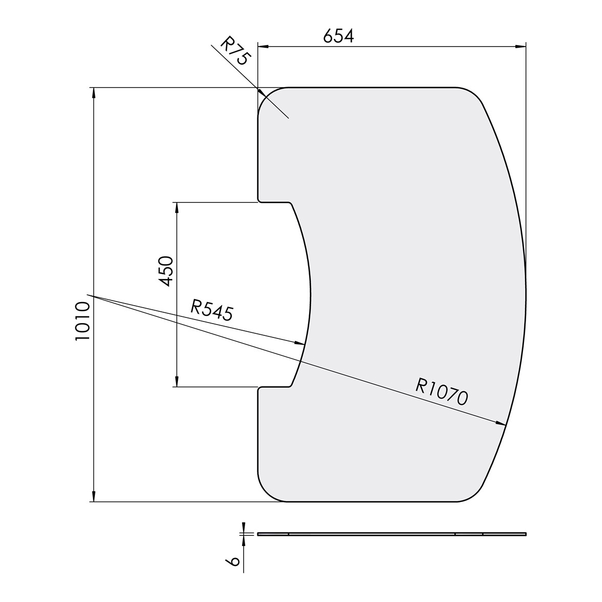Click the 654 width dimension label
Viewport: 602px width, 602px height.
[x=338, y=36]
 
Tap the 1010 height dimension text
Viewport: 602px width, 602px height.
[x=83, y=322]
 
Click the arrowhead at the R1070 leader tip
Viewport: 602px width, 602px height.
[x=502, y=424]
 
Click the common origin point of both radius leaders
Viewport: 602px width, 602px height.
[x=88, y=295]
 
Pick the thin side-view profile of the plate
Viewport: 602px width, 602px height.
[x=392, y=534]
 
